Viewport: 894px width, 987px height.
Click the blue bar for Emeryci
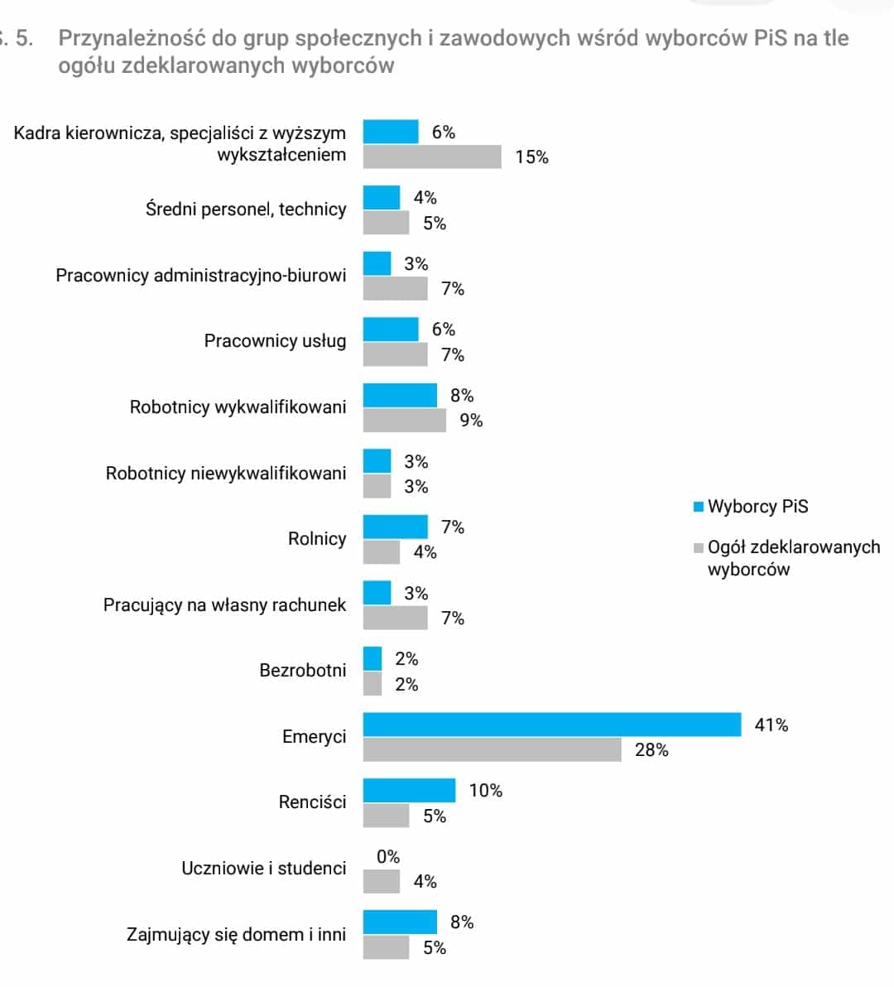point(552,725)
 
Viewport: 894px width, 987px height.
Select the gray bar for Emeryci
point(492,749)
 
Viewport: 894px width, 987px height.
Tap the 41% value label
point(771,725)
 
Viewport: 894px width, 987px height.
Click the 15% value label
point(531,157)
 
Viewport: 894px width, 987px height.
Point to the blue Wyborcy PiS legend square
point(699,507)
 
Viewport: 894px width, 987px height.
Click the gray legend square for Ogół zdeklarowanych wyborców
point(699,547)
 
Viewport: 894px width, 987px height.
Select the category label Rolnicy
point(316,539)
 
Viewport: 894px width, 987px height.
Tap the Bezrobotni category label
point(302,671)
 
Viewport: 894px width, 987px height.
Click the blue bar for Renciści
point(409,790)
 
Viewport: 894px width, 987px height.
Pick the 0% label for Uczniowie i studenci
point(387,857)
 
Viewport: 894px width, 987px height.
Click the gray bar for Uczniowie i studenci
point(381,882)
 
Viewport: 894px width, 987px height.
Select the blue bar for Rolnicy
point(395,527)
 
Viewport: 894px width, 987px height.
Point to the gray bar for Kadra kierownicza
point(432,156)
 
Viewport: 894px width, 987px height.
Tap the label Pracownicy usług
point(275,341)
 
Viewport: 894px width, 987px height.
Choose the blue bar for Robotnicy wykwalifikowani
point(400,395)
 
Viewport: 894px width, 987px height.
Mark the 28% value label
point(651,750)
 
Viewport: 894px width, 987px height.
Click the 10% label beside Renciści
point(485,791)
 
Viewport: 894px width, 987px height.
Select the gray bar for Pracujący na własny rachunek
point(395,618)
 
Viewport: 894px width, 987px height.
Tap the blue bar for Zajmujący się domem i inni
point(400,922)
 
